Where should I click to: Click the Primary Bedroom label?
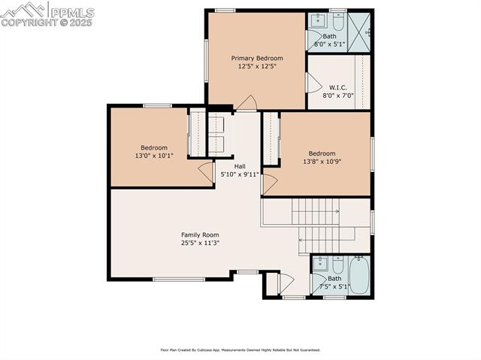tap(257, 58)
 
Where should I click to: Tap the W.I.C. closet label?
tap(337, 86)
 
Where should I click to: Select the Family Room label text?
tap(200, 234)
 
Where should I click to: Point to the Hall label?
tap(239, 166)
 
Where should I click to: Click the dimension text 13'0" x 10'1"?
tap(153, 156)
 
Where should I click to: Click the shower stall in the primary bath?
tap(359, 31)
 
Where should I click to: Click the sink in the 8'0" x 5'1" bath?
tap(318, 20)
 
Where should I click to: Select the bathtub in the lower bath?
tap(358, 275)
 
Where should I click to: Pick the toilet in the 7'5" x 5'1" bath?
tap(338, 265)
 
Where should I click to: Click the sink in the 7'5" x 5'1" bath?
tap(320, 264)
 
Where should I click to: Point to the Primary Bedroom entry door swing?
tap(247, 104)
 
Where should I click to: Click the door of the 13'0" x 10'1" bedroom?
tap(206, 172)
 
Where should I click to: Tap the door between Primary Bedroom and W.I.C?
tap(313, 82)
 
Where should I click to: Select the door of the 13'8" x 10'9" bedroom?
tap(270, 182)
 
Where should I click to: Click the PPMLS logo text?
tap(71, 12)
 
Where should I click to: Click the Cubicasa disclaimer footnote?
tap(240, 349)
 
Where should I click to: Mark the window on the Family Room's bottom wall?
tap(179, 280)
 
